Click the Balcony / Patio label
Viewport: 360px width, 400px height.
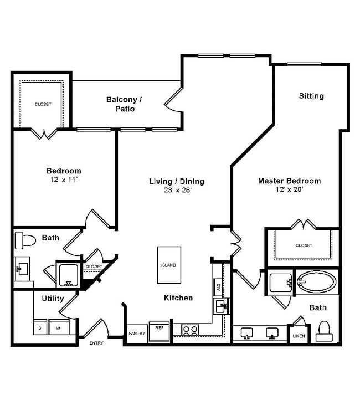point(124,104)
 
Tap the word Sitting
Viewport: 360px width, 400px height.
point(311,96)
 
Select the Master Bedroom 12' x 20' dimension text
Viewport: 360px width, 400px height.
point(289,189)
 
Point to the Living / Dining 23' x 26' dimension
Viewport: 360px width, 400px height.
point(176,190)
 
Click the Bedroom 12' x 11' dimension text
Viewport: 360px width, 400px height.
point(64,180)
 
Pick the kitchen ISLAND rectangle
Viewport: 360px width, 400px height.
point(169,265)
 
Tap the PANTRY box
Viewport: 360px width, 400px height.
point(137,334)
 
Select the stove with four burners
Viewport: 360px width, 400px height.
point(190,330)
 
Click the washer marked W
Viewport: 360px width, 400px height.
point(58,328)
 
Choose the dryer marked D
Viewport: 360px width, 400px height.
point(40,328)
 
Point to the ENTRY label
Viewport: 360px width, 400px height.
point(96,343)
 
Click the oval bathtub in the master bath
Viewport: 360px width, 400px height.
point(316,282)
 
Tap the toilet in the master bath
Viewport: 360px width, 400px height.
point(323,331)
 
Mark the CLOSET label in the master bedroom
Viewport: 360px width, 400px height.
point(304,245)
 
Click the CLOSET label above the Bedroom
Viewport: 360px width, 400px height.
point(43,104)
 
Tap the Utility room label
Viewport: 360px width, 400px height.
point(53,299)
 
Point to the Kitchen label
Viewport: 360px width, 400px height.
point(178,298)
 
